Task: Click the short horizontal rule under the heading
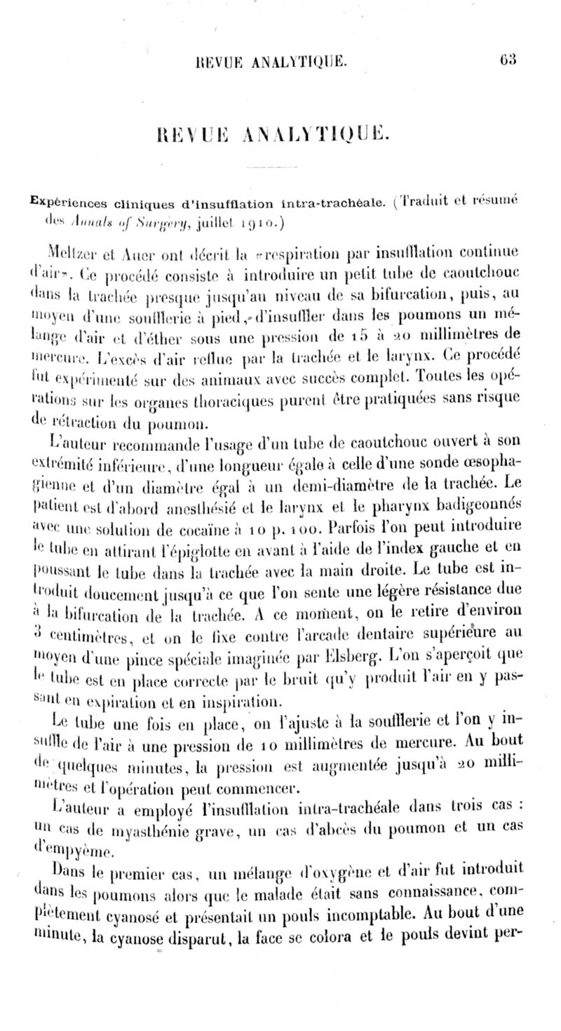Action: (x=280, y=168)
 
